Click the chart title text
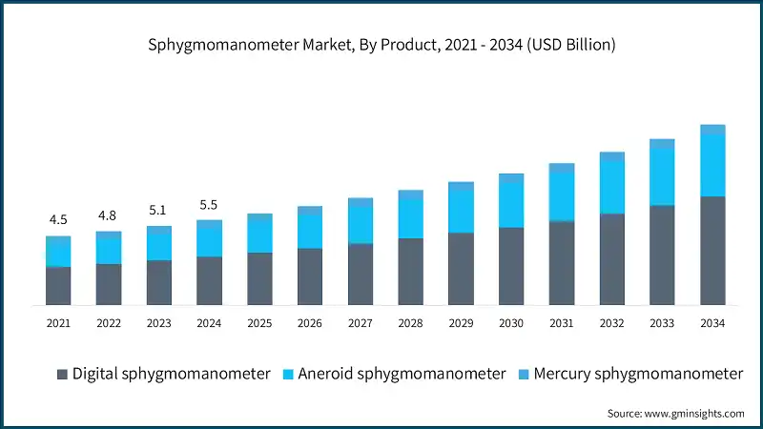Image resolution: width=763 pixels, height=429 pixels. [381, 44]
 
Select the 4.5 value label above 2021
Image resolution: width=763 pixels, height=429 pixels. [58, 220]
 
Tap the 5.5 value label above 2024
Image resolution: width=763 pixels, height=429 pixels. [209, 204]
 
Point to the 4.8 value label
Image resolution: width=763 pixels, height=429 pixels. [109, 215]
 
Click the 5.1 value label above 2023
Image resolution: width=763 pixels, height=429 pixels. [158, 210]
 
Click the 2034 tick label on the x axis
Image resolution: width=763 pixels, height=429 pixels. [712, 324]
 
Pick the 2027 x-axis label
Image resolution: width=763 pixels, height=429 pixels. [360, 324]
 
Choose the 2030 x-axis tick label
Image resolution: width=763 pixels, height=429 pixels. [511, 324]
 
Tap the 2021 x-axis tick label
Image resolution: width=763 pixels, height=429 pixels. [58, 324]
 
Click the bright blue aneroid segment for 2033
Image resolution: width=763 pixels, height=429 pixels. [662, 176]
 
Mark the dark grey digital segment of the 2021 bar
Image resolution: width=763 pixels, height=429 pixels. [58, 286]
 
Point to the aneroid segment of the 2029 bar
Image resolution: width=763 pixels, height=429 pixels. [461, 211]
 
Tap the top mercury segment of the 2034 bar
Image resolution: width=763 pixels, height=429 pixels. [712, 129]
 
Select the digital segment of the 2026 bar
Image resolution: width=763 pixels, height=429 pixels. [309, 276]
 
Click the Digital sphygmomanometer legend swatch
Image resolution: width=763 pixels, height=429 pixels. [62, 374]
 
